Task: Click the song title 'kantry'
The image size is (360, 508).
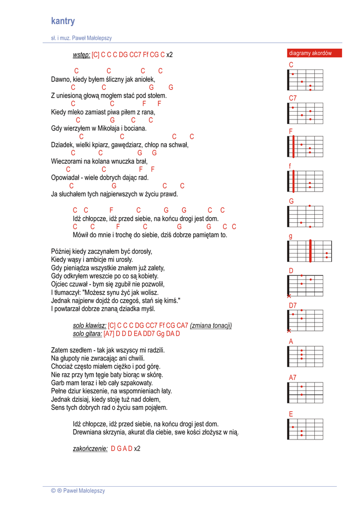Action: (63, 21)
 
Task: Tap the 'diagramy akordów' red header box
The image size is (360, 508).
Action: (314, 53)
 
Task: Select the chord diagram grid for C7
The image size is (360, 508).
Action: (305, 113)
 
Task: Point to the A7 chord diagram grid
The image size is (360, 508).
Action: (305, 392)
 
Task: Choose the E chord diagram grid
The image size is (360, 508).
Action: (305, 429)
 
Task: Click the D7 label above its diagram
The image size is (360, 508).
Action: (292, 306)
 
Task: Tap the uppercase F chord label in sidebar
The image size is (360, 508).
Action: (291, 131)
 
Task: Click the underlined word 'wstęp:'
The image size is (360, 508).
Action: (81, 55)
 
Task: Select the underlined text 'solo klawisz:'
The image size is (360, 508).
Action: (89, 325)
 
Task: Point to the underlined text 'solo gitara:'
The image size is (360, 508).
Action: (87, 334)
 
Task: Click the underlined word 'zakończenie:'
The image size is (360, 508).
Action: (90, 448)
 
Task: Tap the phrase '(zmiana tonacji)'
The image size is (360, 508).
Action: (211, 325)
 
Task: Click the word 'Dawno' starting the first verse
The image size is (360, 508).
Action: (61, 79)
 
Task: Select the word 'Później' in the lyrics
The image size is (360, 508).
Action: (61, 251)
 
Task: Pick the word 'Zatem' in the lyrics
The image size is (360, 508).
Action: (60, 350)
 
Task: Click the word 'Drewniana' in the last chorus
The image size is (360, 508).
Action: (88, 432)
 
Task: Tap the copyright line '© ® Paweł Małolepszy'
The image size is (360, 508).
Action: (78, 491)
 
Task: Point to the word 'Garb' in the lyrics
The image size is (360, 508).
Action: (58, 383)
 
